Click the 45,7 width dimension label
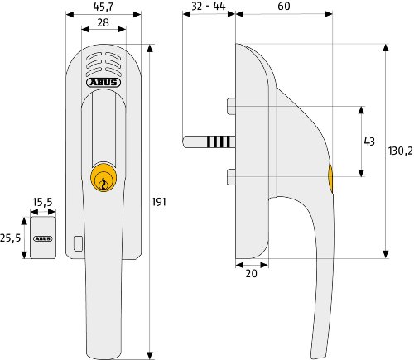(x=103, y=7)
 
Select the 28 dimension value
(x=103, y=22)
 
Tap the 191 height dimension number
(x=159, y=202)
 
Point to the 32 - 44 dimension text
(x=209, y=6)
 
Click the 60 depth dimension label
(x=284, y=6)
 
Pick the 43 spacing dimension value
(x=369, y=142)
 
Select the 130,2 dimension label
(x=401, y=151)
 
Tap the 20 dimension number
(x=251, y=273)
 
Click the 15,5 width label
(x=42, y=202)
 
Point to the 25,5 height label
(x=11, y=238)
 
